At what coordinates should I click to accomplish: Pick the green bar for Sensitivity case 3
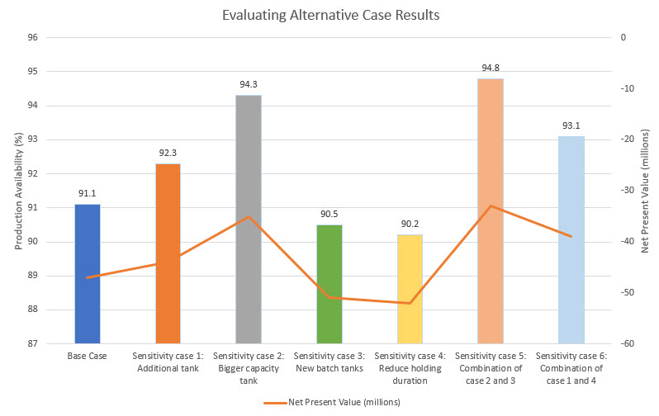[329, 284]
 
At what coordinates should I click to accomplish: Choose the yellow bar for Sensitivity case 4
[410, 289]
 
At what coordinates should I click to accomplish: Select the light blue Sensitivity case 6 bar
[571, 239]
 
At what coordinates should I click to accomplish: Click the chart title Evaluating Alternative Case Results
[329, 15]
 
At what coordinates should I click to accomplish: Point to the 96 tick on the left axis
[32, 38]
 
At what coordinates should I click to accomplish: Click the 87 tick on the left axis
[32, 343]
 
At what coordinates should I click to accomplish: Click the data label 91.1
[88, 194]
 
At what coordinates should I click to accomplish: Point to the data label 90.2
[410, 225]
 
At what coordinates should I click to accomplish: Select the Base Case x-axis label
[88, 357]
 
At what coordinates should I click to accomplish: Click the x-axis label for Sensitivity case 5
[491, 368]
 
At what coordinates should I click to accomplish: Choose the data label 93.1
[571, 126]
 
